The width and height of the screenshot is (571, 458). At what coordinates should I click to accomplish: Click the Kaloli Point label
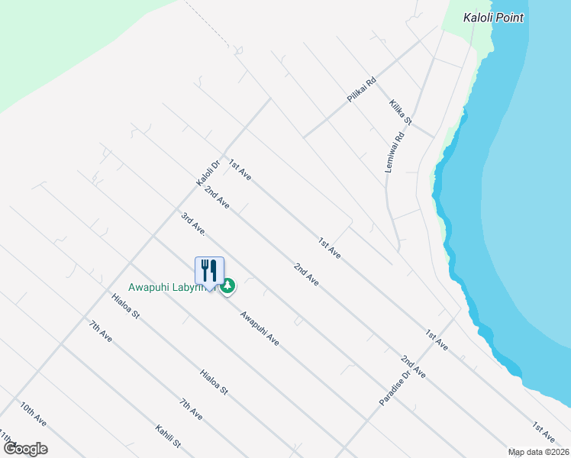(494, 17)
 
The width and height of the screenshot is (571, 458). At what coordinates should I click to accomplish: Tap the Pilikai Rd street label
(362, 91)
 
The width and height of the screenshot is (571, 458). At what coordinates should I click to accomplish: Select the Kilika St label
(400, 111)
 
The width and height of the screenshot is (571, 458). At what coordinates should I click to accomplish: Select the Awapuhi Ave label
(260, 327)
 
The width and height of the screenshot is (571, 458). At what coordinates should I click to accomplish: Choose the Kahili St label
(167, 437)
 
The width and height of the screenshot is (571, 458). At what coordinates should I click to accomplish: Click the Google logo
(24, 449)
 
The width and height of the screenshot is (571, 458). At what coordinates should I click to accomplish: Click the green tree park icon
(227, 286)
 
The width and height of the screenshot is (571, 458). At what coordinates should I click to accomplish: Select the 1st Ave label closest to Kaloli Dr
(240, 170)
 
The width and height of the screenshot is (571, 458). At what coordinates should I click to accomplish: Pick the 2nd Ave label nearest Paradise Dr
(413, 367)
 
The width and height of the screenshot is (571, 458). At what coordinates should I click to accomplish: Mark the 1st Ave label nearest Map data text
(544, 432)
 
